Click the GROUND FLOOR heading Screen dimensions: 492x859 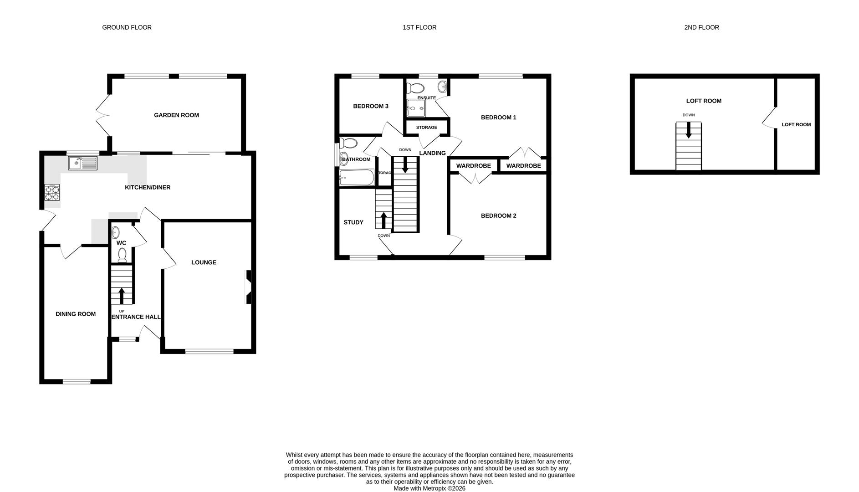127,27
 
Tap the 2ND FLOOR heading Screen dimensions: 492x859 701,27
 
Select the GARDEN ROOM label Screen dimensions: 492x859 176,115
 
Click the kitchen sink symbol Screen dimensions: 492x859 82,163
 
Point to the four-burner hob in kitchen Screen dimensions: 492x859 52,192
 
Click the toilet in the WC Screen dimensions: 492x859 122,256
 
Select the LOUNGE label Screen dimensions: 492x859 204,262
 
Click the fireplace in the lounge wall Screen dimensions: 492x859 249,287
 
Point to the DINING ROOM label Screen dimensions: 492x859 76,314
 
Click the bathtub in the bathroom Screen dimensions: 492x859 357,178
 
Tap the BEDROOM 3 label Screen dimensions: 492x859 371,106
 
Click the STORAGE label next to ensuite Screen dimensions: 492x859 426,128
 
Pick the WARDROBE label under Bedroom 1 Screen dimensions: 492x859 523,166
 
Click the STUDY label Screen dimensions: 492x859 353,222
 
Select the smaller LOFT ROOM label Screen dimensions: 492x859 796,124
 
